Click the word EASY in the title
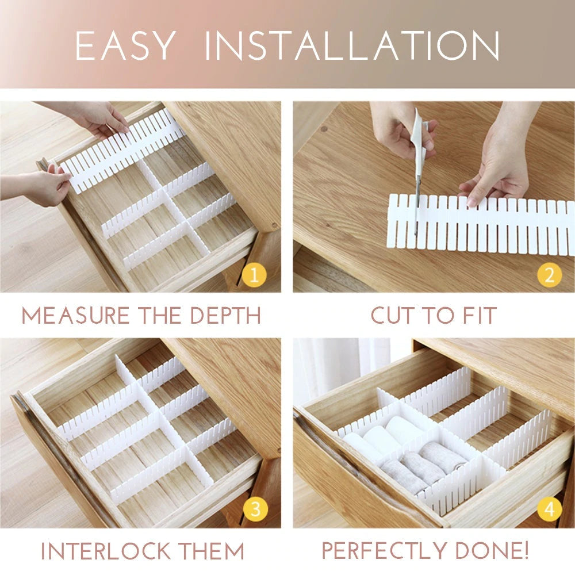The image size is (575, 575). [125, 45]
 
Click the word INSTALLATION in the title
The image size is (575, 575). [352, 45]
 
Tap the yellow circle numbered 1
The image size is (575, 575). [255, 276]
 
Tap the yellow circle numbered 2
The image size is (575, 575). [549, 276]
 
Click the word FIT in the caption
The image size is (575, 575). [477, 316]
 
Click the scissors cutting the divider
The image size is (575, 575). [417, 190]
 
